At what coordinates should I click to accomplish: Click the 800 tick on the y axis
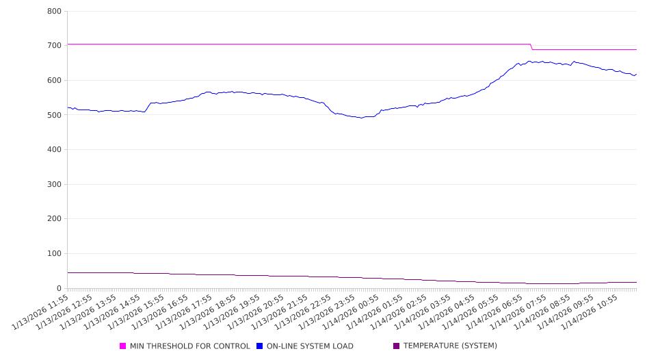pyautogui.click(x=54, y=11)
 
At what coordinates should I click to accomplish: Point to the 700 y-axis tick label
pyautogui.click(x=54, y=46)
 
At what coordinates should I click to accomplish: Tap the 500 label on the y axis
pyautogui.click(x=54, y=115)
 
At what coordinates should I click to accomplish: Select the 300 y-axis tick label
pyautogui.click(x=54, y=185)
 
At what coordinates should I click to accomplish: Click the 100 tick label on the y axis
pyautogui.click(x=54, y=254)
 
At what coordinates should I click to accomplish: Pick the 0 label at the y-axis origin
pyautogui.click(x=59, y=289)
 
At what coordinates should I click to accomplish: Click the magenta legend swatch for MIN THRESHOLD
pyautogui.click(x=123, y=346)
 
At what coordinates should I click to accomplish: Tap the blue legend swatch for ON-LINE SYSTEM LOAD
pyautogui.click(x=260, y=346)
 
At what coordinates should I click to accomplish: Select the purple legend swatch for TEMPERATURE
pyautogui.click(x=397, y=346)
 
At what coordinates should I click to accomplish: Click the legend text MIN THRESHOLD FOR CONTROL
pyautogui.click(x=189, y=346)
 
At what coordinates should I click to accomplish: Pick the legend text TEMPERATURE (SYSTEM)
pyautogui.click(x=450, y=346)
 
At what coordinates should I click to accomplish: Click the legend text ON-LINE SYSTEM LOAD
pyautogui.click(x=310, y=346)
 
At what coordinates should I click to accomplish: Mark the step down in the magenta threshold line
pyautogui.click(x=531, y=47)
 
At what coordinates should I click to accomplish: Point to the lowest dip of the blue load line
pyautogui.click(x=362, y=118)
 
